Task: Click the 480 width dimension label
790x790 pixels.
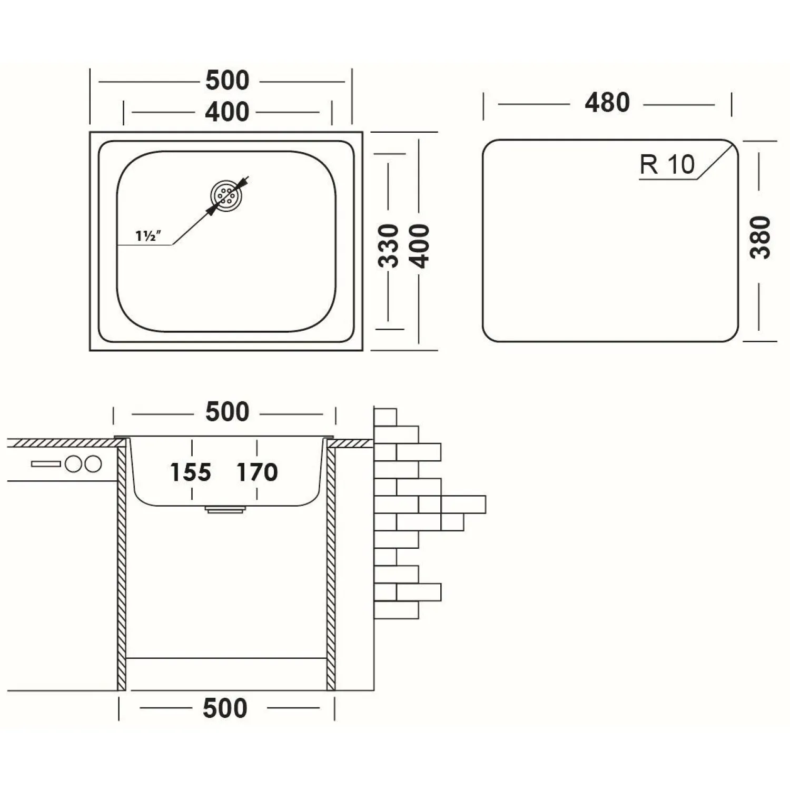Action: pyautogui.click(x=607, y=103)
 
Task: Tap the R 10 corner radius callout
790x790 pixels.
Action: pyautogui.click(x=667, y=165)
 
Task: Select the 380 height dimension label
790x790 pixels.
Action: pyautogui.click(x=760, y=237)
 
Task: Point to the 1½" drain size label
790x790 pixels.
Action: pyautogui.click(x=147, y=236)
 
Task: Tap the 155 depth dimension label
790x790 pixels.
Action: pyautogui.click(x=190, y=472)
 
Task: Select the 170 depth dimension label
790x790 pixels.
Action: pyautogui.click(x=256, y=472)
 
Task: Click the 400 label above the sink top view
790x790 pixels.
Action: pyautogui.click(x=226, y=112)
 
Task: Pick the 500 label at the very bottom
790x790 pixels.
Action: pyautogui.click(x=225, y=708)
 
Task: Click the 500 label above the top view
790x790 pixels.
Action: pyautogui.click(x=227, y=81)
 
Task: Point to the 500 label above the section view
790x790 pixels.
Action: pyautogui.click(x=227, y=412)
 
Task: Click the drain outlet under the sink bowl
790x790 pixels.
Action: pyautogui.click(x=225, y=509)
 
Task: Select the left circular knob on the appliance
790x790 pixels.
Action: pyautogui.click(x=73, y=464)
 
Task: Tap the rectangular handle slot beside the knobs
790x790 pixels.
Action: pyautogui.click(x=46, y=464)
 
